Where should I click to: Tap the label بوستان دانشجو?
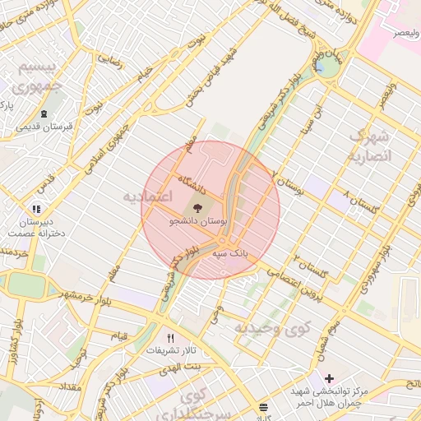tap(197, 222)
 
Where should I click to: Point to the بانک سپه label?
tap(231, 254)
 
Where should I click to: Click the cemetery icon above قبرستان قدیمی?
tap(43, 113)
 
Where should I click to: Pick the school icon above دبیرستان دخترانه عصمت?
tap(35, 210)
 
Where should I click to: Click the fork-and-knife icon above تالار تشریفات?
tap(171, 338)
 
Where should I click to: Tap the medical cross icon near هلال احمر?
tap(329, 379)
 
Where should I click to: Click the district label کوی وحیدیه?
tap(273, 328)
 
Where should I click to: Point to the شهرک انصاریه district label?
tap(371, 145)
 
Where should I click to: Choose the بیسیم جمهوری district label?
tap(40, 76)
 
